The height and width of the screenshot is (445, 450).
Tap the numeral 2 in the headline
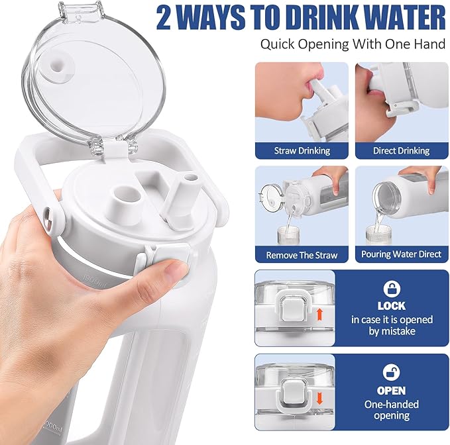[164, 18]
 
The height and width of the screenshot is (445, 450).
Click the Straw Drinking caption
[302, 150]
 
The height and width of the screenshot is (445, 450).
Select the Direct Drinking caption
[401, 150]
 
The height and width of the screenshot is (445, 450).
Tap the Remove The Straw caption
[302, 255]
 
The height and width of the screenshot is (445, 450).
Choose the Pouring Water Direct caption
[401, 254]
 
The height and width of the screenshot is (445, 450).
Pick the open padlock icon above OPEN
[392, 373]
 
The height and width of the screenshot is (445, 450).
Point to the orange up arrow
[319, 315]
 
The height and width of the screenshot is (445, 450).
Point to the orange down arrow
[319, 399]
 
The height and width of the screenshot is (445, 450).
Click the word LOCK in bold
[392, 306]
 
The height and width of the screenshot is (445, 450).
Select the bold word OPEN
[392, 391]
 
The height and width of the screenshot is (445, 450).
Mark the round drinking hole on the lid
[126, 196]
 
